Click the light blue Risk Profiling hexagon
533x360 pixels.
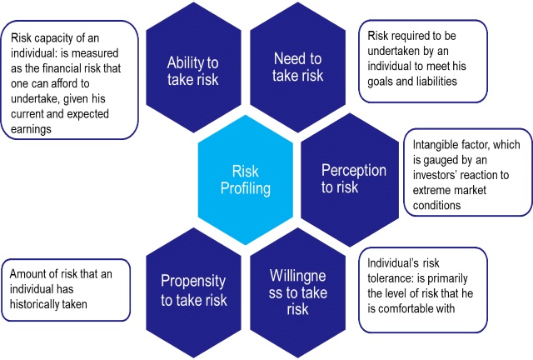(x=245, y=178)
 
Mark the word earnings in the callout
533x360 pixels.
(x=29, y=129)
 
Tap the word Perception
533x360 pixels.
(x=353, y=170)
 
